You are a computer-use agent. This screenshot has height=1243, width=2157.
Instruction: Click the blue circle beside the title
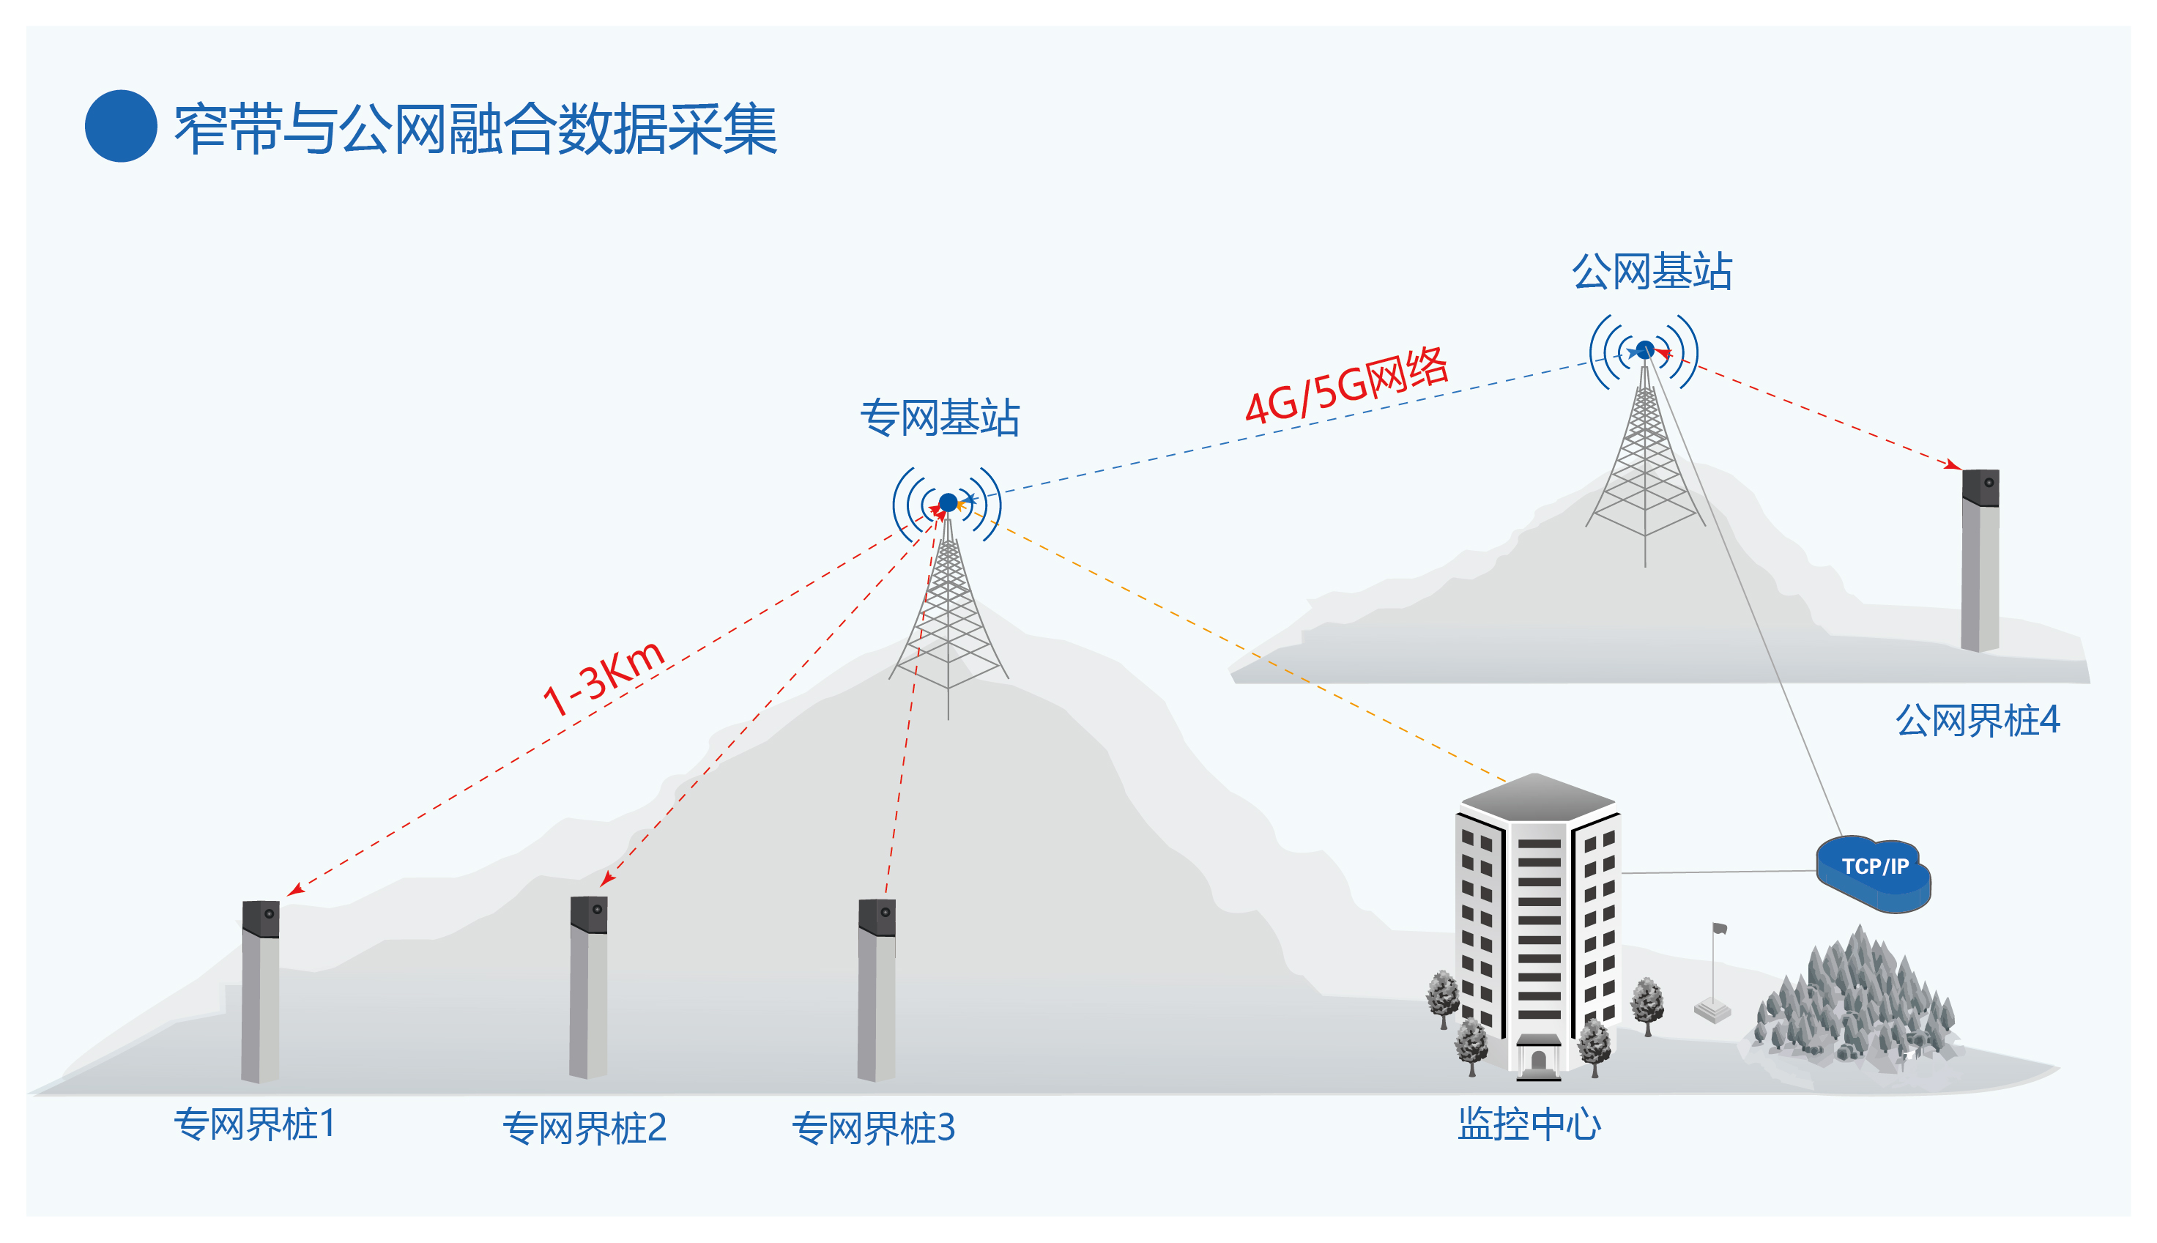[x=120, y=126]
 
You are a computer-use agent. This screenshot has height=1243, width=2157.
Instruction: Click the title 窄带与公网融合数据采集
[x=475, y=129]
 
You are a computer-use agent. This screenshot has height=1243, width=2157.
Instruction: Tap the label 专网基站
[x=939, y=418]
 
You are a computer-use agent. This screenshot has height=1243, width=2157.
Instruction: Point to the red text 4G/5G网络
[x=1346, y=385]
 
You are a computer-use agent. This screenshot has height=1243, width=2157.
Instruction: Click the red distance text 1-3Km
[x=603, y=677]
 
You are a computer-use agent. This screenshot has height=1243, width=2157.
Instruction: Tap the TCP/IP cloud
[x=1874, y=872]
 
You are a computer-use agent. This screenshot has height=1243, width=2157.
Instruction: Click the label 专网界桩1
[x=254, y=1124]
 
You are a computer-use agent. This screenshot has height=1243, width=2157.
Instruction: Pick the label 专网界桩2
[x=584, y=1128]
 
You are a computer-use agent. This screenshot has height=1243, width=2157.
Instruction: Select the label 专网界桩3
[x=872, y=1128]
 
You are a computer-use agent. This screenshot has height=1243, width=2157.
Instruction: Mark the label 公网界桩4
[x=1977, y=720]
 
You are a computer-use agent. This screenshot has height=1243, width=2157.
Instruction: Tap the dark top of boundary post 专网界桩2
[x=588, y=914]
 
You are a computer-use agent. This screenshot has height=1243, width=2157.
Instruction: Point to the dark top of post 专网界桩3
[x=877, y=917]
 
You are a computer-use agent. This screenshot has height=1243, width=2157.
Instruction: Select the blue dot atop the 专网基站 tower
[x=948, y=502]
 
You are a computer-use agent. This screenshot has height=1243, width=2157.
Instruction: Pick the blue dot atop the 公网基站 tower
[x=1645, y=350]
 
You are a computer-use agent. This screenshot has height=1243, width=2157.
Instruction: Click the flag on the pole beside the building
[x=1719, y=929]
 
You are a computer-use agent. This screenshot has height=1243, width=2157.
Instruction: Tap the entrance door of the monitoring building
[x=1538, y=1061]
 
